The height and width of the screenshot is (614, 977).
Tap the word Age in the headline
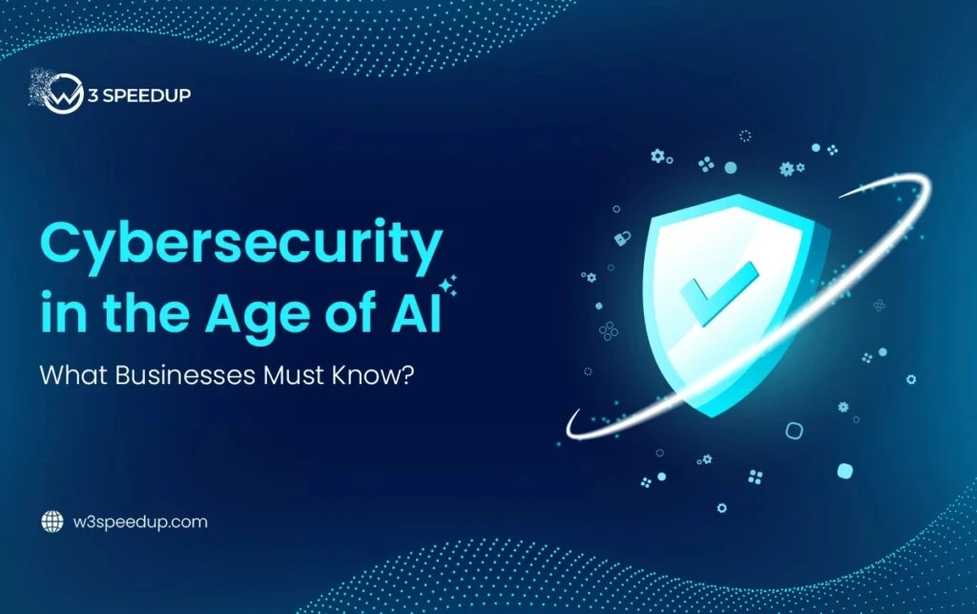pyautogui.click(x=244, y=316)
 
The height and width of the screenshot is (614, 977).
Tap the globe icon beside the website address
pyautogui.click(x=52, y=522)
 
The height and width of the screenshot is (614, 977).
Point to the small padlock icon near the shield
pyautogui.click(x=621, y=236)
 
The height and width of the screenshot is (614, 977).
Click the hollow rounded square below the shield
pyautogui.click(x=793, y=431)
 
